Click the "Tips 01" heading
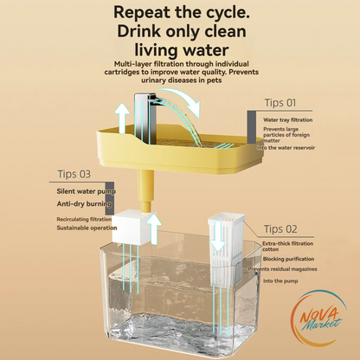[x=280, y=103]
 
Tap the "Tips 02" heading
[x=280, y=229]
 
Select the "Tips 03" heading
[x=74, y=174]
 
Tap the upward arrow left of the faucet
[x=122, y=119]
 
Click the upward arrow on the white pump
[x=154, y=229]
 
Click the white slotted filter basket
[x=227, y=249]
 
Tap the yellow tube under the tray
[x=145, y=191]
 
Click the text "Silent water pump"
[x=87, y=191]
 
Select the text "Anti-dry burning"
[x=84, y=204]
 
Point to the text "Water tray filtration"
[x=287, y=119]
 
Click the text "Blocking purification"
[x=288, y=259]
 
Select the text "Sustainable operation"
[x=87, y=228]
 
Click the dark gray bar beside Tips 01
[x=251, y=127]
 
